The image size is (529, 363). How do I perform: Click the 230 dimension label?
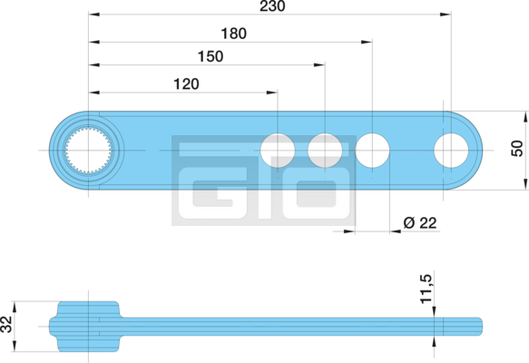(272, 5)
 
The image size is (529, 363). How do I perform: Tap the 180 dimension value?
(233, 34)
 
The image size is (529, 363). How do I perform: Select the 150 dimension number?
(211, 56)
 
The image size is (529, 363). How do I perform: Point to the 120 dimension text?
(186, 84)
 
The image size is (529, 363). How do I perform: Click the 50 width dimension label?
(517, 149)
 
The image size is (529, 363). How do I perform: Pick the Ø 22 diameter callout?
(420, 222)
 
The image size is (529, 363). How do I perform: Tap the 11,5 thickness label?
(426, 289)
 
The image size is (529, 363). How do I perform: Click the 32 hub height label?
(6, 324)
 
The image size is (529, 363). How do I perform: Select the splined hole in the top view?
(88, 151)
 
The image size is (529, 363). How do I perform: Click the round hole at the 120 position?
(278, 151)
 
